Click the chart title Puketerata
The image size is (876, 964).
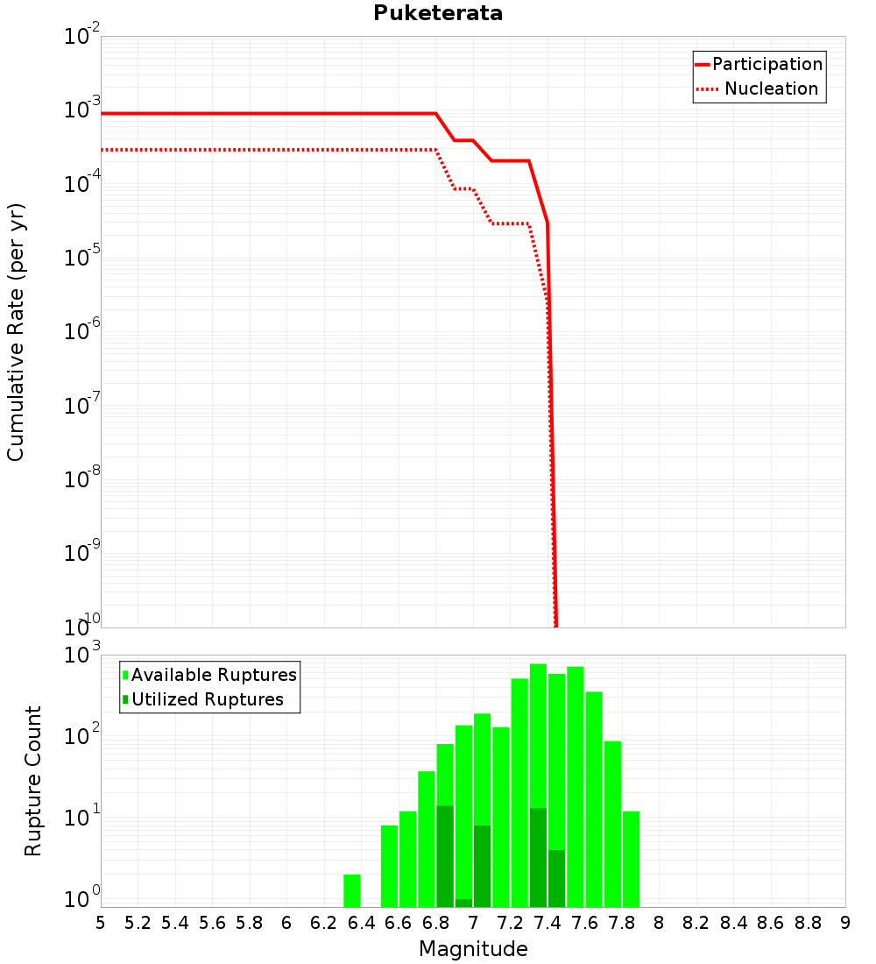pos(438,13)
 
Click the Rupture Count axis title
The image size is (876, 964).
pos(33,781)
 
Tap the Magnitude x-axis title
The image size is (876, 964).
pos(473,949)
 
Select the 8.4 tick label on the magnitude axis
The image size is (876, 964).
pos(734,923)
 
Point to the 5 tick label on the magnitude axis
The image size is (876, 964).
pos(101,923)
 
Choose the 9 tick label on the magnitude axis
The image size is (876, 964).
pos(845,923)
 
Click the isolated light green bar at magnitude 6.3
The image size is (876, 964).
pos(352,890)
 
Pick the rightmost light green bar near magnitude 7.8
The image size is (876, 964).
pos(631,859)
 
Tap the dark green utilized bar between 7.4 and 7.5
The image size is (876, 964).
pos(556,878)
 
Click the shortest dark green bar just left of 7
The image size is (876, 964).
pos(463,903)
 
